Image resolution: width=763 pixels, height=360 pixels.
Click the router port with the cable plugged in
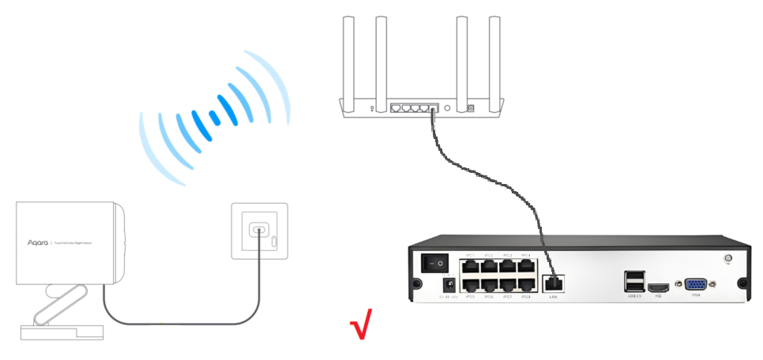click(434, 107)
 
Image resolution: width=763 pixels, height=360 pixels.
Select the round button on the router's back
click(448, 107)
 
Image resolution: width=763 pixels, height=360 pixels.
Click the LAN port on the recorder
click(553, 280)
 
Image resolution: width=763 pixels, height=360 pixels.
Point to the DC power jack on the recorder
click(449, 283)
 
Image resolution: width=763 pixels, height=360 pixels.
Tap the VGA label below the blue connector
click(696, 297)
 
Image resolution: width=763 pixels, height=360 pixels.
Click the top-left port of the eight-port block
click(471, 265)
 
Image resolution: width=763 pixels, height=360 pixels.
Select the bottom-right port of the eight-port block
click(526, 285)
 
